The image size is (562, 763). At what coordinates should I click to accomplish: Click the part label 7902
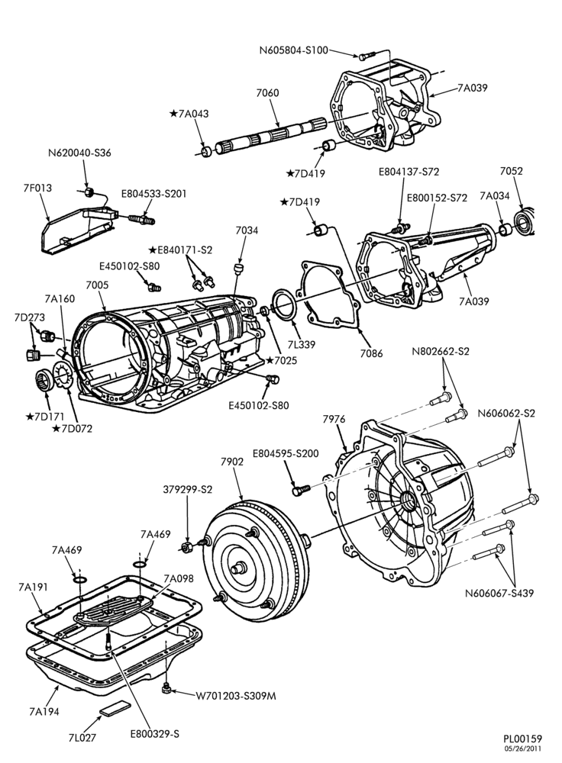[x=232, y=462]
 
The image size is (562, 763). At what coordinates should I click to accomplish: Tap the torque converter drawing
[x=255, y=559]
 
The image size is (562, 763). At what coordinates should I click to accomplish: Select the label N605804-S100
[x=294, y=50]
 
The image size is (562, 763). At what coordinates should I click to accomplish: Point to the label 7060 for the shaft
[x=268, y=92]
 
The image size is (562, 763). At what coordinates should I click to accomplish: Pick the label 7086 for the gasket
[x=371, y=353]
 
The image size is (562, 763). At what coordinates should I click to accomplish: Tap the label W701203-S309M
[x=236, y=696]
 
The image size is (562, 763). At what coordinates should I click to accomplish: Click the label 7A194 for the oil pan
[x=44, y=711]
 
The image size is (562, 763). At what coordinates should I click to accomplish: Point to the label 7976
[x=334, y=419]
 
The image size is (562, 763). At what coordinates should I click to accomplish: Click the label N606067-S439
[x=499, y=593]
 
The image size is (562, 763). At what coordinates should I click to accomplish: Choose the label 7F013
[x=37, y=187]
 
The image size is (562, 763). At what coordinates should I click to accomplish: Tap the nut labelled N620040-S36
[x=89, y=192]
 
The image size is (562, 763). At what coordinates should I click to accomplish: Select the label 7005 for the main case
[x=97, y=285]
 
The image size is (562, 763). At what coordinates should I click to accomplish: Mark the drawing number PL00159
[x=522, y=739]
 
